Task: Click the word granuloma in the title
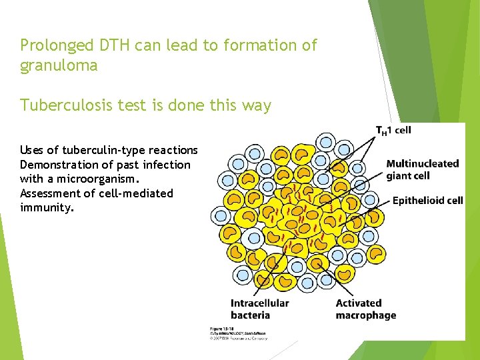pyautogui.click(x=59, y=65)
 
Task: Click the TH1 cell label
pyautogui.click(x=393, y=130)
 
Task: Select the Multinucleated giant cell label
pyautogui.click(x=422, y=169)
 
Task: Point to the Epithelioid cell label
pyautogui.click(x=427, y=200)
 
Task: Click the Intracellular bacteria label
pyautogui.click(x=259, y=309)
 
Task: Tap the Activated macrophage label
pyautogui.click(x=365, y=309)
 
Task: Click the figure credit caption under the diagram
pyautogui.click(x=238, y=333)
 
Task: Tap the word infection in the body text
pyautogui.click(x=165, y=165)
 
